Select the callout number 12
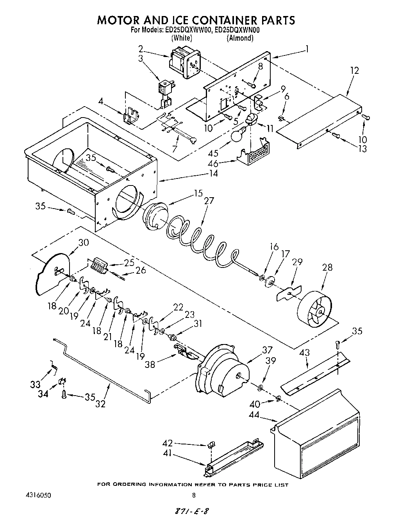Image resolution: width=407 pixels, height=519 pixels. [x=354, y=71]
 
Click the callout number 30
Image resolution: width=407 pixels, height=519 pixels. [x=84, y=242]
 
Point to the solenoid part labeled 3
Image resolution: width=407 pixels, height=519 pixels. [x=166, y=92]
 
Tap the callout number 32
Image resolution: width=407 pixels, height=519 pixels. [x=100, y=404]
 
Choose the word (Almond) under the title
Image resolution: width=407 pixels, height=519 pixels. [x=240, y=38]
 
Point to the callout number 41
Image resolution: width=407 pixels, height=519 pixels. [x=167, y=454]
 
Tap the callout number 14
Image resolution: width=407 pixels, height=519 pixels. [x=213, y=173]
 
